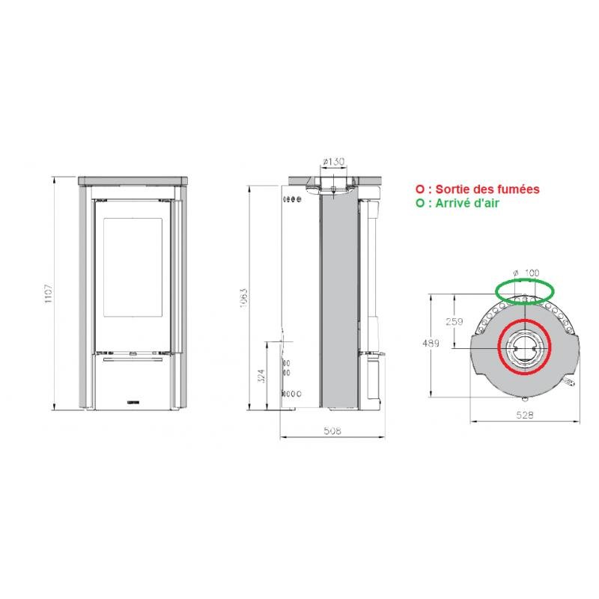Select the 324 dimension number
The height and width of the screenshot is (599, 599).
261,374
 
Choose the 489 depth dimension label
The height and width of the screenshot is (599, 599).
431,344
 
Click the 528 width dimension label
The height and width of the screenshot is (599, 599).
526,414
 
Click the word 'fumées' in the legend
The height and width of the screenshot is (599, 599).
517,190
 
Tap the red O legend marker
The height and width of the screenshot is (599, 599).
420,190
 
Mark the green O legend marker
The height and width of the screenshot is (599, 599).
420,203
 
